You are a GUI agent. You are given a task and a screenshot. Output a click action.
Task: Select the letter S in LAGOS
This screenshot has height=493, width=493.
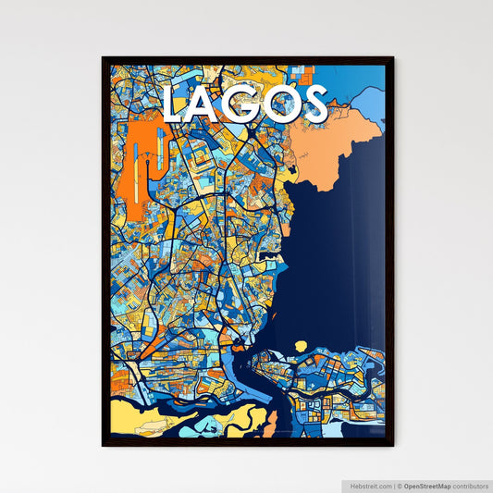[313, 105]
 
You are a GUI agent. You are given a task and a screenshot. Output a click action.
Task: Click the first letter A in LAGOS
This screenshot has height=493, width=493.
[210, 105]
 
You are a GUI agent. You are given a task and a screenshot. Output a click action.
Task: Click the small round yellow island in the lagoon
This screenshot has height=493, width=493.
[301, 346]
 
